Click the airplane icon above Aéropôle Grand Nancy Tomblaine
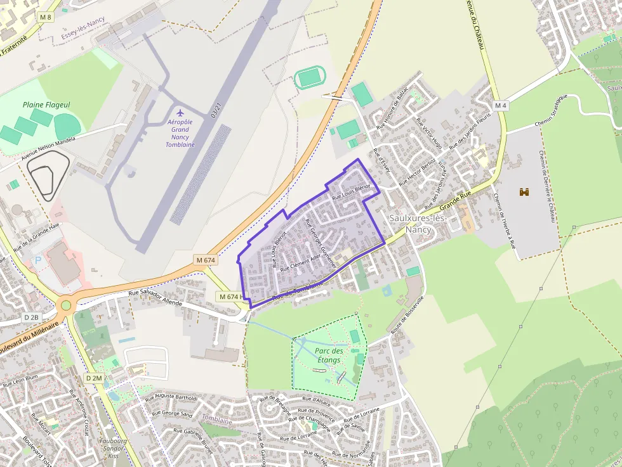click(x=180, y=113)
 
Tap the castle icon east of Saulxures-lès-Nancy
click(x=524, y=191)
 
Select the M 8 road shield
click(x=44, y=17)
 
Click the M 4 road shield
click(x=501, y=105)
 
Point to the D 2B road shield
click(x=31, y=317)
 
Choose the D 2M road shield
click(x=94, y=378)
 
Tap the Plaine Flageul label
click(x=46, y=105)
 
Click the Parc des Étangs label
click(x=329, y=355)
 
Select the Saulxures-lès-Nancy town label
click(x=418, y=223)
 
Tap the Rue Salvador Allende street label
click(x=155, y=298)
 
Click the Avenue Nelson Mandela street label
click(x=48, y=148)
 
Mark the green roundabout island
click(x=65, y=306)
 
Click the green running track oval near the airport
click(x=310, y=78)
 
